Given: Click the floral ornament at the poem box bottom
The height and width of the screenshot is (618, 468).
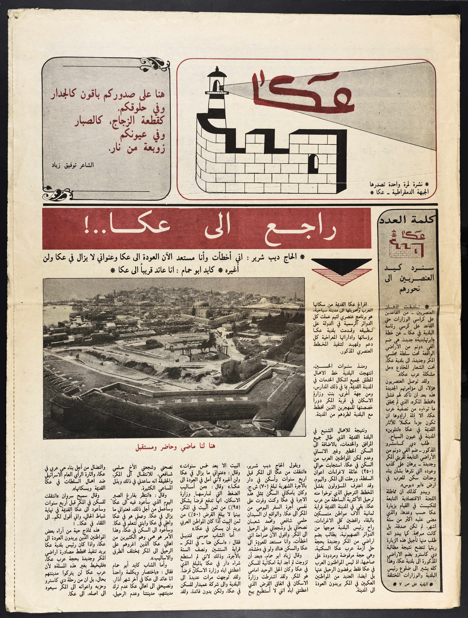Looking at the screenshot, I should (x=56, y=193).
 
